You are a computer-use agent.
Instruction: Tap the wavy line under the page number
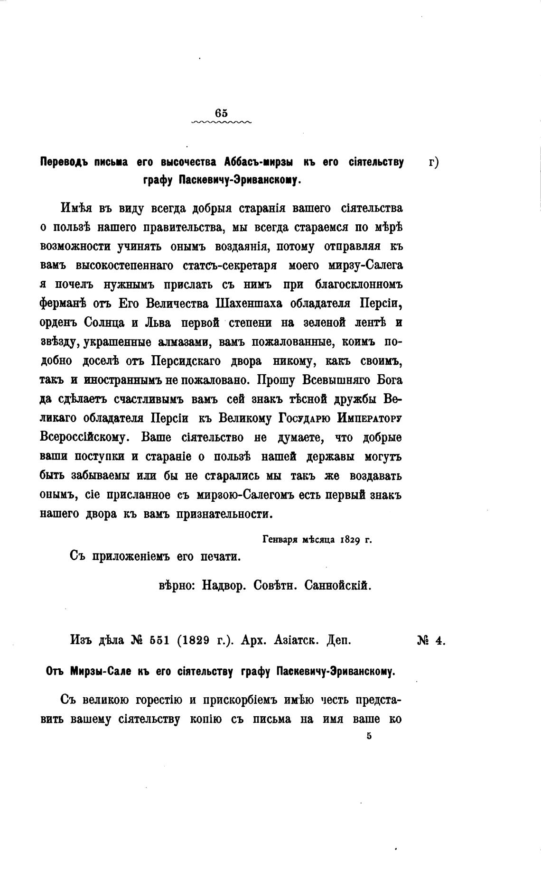[x=221, y=122]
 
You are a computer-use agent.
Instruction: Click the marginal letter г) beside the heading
[x=433, y=162]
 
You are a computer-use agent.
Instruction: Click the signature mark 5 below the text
[x=369, y=736]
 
